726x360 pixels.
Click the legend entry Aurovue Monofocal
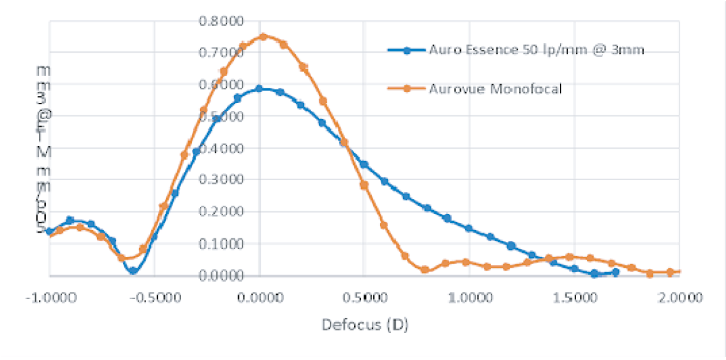pos(495,88)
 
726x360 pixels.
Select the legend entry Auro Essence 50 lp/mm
pos(536,50)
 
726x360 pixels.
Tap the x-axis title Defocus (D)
pos(366,325)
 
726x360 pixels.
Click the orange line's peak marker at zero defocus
pos(263,36)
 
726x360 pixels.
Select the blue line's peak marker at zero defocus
pos(259,89)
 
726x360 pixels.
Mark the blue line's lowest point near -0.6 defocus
pos(133,271)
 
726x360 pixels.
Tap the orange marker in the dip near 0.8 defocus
pos(425,270)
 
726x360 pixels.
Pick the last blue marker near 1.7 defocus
pos(616,272)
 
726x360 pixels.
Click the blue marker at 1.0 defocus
pos(469,228)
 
